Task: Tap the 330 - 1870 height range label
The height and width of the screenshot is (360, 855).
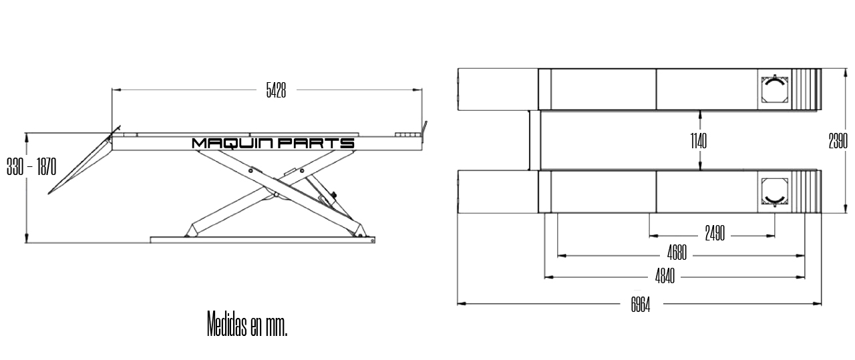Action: pos(31,168)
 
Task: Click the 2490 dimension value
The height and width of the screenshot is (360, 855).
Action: pos(715,235)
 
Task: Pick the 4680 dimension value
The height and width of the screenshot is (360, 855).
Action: pos(677,255)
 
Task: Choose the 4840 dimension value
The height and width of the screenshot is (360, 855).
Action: pos(663,277)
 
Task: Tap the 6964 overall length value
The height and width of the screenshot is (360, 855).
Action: pos(640,305)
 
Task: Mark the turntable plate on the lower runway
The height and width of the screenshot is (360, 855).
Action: pos(775,192)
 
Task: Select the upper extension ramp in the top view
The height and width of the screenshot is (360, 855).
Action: pos(498,89)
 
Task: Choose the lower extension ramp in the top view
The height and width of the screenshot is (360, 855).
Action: pos(498,192)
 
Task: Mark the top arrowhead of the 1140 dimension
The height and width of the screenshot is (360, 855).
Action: pos(699,113)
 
